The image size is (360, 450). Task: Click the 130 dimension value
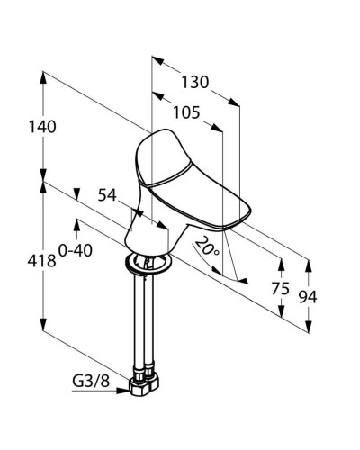(x=195, y=82)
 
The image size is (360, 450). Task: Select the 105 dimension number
(x=186, y=113)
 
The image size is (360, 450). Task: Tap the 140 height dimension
(x=42, y=127)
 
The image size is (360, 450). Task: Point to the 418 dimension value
(x=42, y=261)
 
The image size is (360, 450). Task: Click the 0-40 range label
(x=76, y=250)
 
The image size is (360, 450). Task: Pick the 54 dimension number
(x=107, y=195)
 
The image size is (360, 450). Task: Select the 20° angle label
(x=208, y=247)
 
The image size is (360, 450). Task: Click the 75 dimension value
(x=281, y=289)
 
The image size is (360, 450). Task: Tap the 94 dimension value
(x=308, y=297)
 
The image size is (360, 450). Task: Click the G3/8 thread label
(x=91, y=382)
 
